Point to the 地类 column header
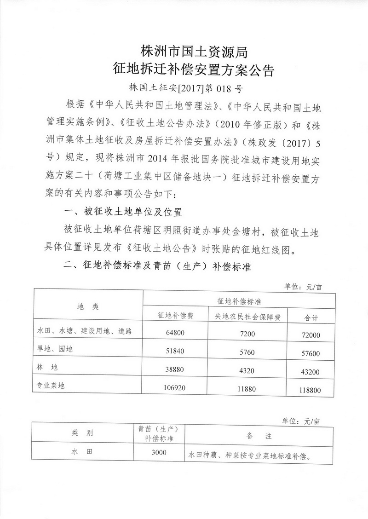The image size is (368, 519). pos(88,307)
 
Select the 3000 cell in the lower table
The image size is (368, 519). pos(158,453)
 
